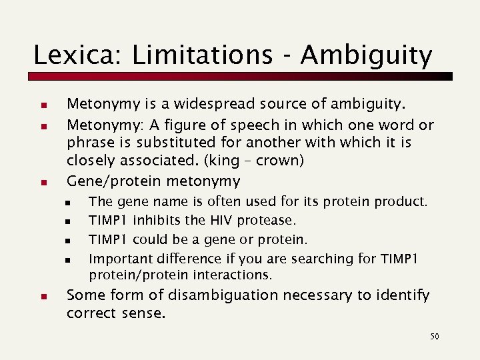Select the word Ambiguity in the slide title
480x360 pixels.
(366, 55)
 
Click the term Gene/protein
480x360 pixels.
(115, 181)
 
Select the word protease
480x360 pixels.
(269, 220)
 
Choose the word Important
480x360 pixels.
(121, 259)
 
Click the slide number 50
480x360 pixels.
(435, 337)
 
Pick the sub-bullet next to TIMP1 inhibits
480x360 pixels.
(68, 221)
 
